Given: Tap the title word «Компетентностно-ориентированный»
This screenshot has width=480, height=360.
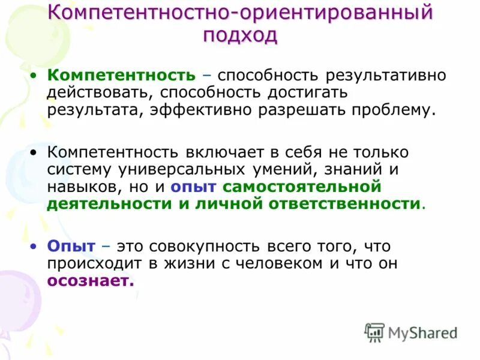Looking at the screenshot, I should click(240, 13).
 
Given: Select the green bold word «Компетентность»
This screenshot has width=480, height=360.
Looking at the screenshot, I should click(122, 76).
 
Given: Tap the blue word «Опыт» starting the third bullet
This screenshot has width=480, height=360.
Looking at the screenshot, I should click(71, 246).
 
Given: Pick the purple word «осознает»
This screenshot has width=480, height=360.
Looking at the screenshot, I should click(91, 281).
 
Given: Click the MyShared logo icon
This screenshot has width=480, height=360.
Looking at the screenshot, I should click(374, 332).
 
